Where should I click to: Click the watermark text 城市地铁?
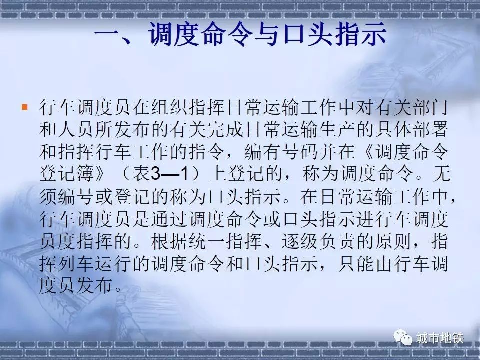coord(439,338)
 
